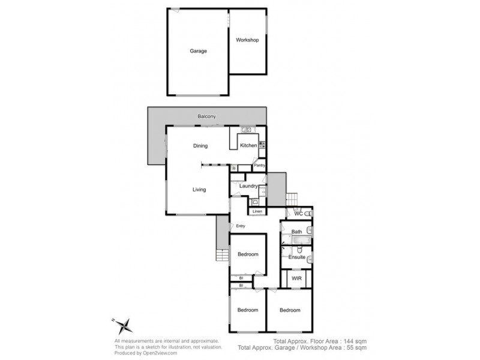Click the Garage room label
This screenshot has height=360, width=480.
199,51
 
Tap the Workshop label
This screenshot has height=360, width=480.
247,40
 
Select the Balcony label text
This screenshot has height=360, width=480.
207,116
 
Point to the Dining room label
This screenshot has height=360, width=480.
200,146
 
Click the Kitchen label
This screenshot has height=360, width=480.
248,146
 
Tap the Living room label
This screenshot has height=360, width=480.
199,190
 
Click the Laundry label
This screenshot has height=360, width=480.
248,187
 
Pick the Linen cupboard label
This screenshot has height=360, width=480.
257,212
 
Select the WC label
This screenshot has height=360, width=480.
298,214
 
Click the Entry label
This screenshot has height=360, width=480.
241,226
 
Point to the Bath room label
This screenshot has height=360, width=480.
296,232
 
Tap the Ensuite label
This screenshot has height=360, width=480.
297,257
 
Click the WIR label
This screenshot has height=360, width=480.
296,279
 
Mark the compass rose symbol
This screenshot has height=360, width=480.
124,326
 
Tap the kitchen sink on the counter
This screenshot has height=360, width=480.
246,130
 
